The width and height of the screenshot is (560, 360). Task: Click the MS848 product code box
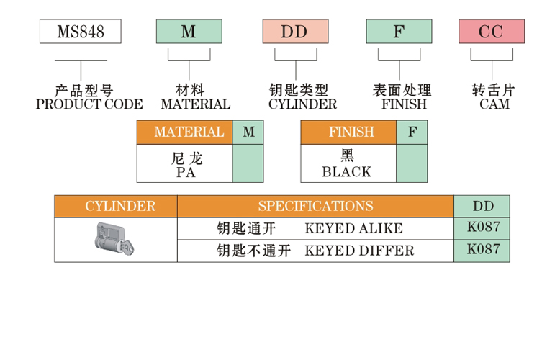[x=79, y=32]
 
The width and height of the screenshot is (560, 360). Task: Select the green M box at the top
[x=189, y=32]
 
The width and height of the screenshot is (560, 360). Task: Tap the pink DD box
[x=295, y=32]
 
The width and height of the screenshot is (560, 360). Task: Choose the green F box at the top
[x=399, y=32]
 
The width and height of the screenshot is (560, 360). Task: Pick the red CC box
[x=492, y=32]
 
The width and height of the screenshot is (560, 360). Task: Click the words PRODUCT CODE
[x=89, y=104]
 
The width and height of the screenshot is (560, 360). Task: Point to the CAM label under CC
[x=494, y=104]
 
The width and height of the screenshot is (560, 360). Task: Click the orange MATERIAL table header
[x=184, y=132]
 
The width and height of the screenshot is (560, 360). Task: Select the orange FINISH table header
[x=348, y=132]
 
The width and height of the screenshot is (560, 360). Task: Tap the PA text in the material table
[x=184, y=172]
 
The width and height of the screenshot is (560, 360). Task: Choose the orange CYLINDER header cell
[x=116, y=206]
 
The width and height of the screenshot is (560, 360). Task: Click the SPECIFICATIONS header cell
[x=315, y=206]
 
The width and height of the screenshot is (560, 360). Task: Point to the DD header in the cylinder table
[x=482, y=206]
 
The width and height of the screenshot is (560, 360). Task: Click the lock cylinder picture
[x=116, y=239]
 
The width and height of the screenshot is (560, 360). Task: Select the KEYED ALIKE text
[x=353, y=229]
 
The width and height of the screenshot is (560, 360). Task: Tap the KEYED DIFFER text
[x=359, y=251]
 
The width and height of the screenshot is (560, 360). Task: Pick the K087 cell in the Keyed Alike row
[x=482, y=228]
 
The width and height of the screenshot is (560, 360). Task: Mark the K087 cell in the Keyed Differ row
[x=482, y=250]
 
